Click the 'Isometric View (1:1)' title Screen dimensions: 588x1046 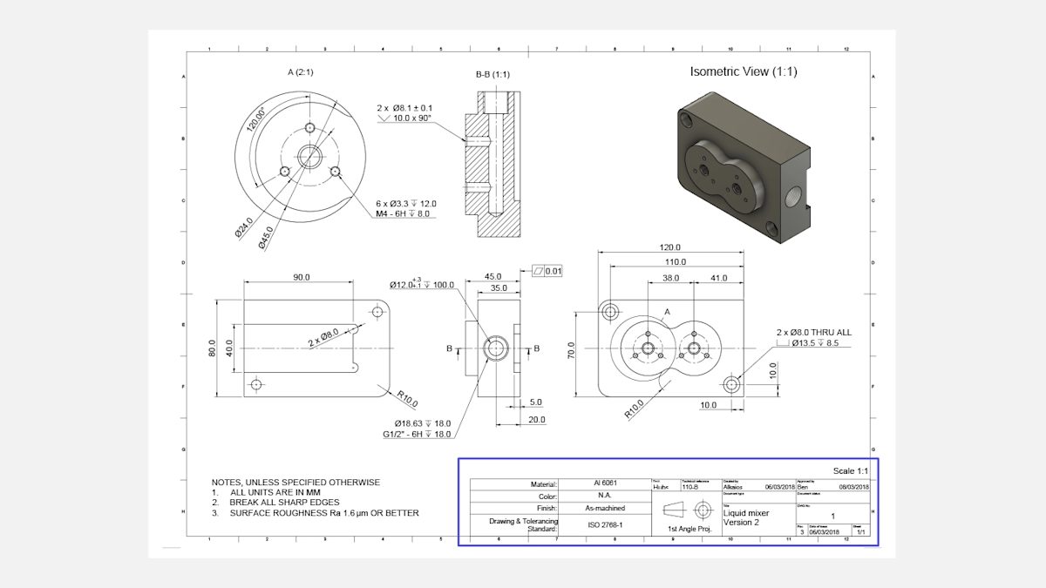click(744, 71)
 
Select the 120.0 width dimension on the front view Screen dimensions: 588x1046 click(670, 247)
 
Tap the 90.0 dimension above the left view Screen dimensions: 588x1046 click(301, 277)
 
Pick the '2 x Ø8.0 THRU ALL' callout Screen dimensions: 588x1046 click(813, 332)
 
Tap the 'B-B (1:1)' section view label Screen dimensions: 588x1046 click(492, 75)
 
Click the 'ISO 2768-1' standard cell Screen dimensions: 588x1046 click(604, 525)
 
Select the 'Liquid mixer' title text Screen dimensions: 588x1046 click(734, 513)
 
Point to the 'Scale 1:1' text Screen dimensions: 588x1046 click(851, 470)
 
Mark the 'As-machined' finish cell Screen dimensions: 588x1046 click(604, 508)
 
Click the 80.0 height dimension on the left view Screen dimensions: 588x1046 click(212, 348)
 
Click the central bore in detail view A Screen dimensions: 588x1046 click(309, 157)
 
